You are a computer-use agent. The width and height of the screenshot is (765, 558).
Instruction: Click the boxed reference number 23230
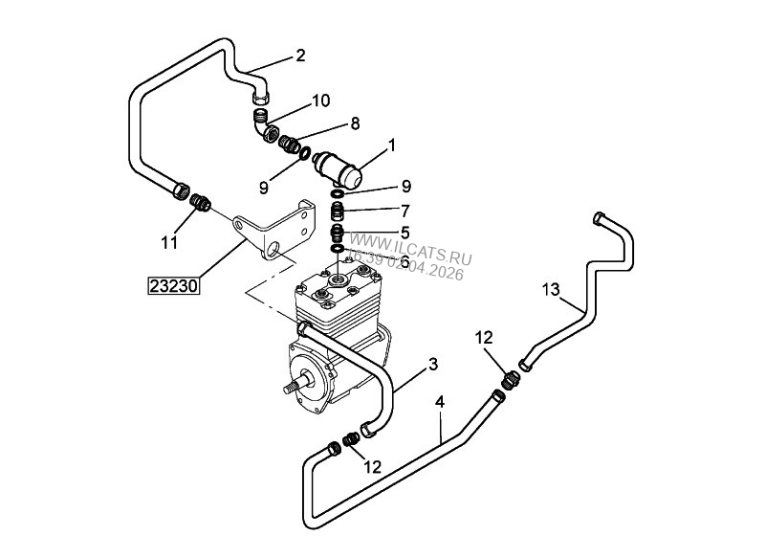(172, 284)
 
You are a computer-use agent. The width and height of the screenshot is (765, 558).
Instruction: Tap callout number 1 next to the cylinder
(390, 145)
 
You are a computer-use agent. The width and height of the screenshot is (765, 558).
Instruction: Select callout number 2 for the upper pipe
(299, 56)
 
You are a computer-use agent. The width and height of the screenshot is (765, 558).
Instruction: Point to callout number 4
(439, 402)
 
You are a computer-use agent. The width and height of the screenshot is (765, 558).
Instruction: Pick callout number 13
(550, 288)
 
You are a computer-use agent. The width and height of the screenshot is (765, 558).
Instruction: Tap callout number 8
(355, 123)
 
